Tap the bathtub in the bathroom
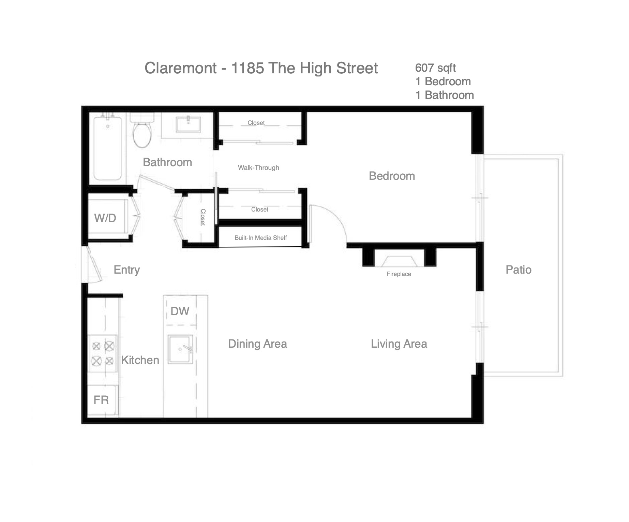(107, 148)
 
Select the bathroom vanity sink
(188, 124)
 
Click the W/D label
(105, 218)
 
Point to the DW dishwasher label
(180, 311)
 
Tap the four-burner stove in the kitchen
(103, 353)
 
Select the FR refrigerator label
(101, 400)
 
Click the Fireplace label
(399, 274)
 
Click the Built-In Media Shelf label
(260, 238)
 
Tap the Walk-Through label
(258, 168)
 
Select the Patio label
(518, 270)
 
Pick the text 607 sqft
(435, 68)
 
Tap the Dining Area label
(257, 344)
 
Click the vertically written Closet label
(203, 217)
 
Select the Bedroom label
(392, 176)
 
